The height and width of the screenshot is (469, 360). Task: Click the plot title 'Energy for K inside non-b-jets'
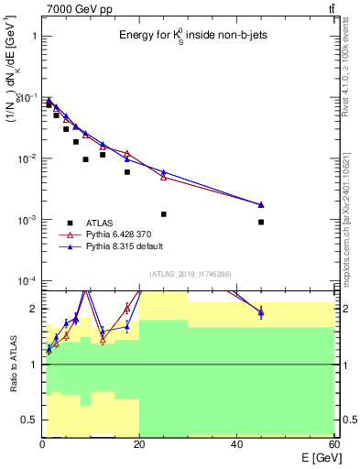pos(186,36)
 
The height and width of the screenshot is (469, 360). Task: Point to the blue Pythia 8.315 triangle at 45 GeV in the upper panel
pos(261,204)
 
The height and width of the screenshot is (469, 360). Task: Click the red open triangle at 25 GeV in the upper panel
pos(164,177)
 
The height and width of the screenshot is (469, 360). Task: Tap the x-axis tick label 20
pos(139,444)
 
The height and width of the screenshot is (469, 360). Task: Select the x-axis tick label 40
pos(237,444)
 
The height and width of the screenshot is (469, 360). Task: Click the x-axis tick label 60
pos(333,444)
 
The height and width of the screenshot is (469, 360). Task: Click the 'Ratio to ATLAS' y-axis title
pos(12,364)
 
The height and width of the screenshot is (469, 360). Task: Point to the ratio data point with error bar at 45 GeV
pos(261,313)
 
